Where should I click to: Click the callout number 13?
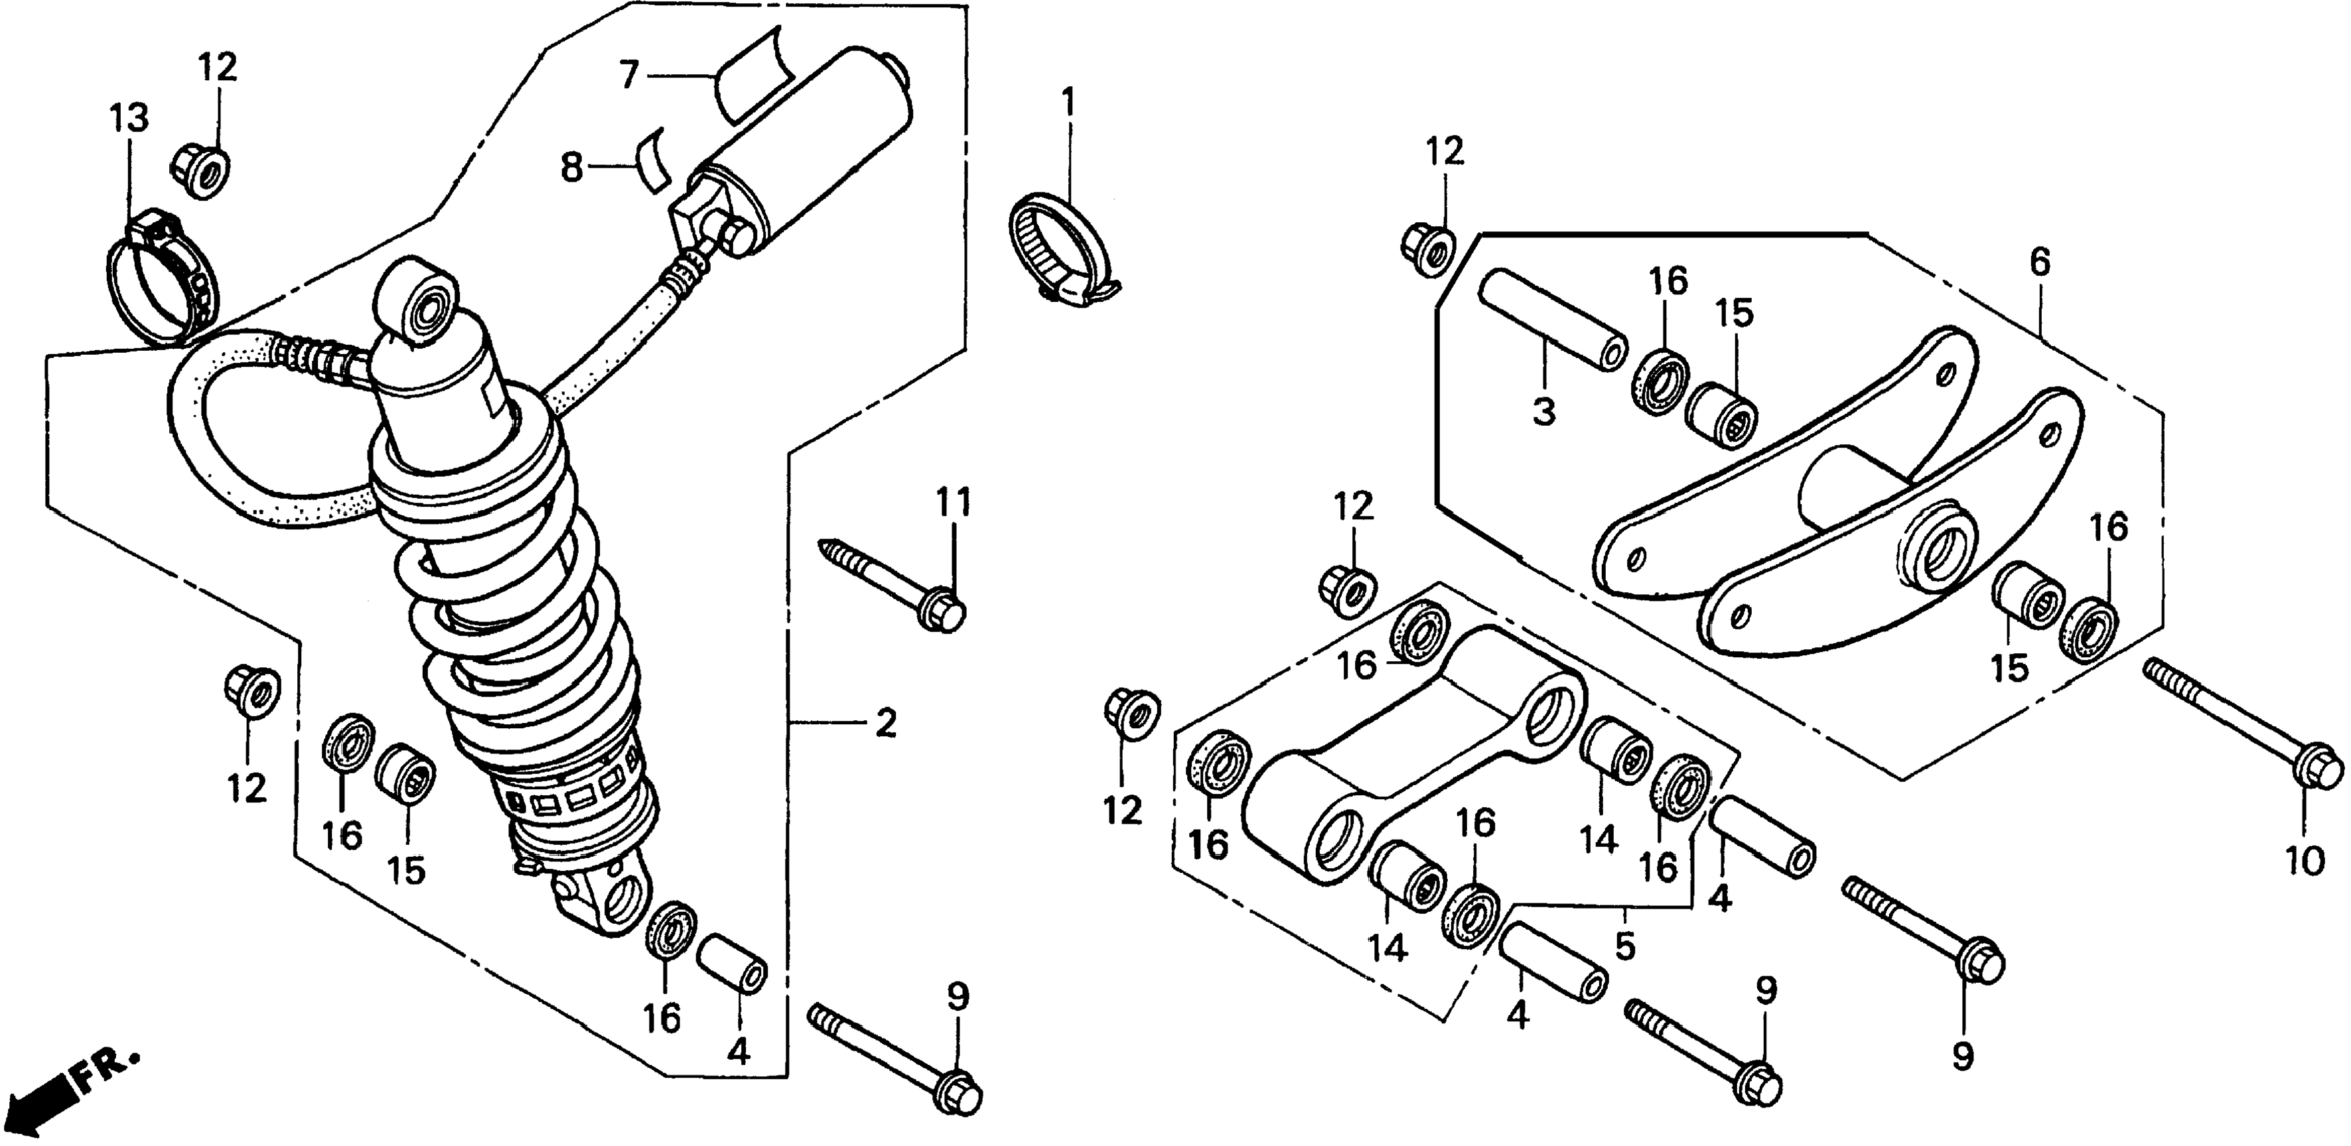tap(129, 119)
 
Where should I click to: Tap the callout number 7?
tap(628, 76)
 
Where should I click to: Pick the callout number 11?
tap(953, 503)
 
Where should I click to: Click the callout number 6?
tap(2040, 263)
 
